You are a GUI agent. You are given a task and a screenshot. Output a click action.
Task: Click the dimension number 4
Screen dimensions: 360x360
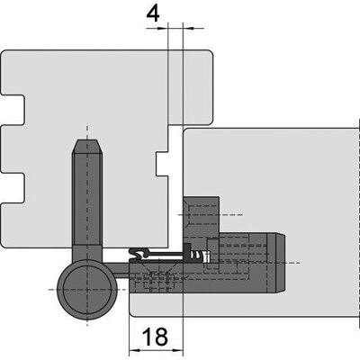[153, 13]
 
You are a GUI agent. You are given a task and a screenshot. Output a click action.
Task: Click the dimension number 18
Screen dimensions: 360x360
[155, 337]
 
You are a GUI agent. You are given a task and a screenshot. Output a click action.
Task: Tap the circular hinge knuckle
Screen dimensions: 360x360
[87, 290]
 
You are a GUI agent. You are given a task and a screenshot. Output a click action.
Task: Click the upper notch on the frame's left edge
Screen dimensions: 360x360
[13, 110]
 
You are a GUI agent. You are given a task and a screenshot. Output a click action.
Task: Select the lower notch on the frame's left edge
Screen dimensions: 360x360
[13, 188]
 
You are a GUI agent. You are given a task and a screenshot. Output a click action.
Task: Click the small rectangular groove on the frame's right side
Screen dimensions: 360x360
[162, 164]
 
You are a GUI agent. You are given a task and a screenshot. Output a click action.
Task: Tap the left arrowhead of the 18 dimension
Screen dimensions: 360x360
[134, 350]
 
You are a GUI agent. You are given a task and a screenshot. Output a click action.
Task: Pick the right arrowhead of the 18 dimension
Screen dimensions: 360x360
[178, 350]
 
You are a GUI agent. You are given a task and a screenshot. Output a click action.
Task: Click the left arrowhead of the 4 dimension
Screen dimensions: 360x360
[163, 29]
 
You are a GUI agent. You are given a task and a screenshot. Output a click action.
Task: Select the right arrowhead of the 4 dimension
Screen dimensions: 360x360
[188, 29]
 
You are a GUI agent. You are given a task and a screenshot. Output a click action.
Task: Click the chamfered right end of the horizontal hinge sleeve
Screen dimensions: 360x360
[281, 263]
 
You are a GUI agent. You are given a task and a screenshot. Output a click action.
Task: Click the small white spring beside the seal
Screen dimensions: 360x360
[206, 256]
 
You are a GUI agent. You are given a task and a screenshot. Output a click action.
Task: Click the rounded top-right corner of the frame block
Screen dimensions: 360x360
[210, 53]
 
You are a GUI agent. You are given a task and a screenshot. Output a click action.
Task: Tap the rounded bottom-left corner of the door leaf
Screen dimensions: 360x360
[133, 313]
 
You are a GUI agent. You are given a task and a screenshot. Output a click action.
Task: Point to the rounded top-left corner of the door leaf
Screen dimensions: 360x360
[186, 132]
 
